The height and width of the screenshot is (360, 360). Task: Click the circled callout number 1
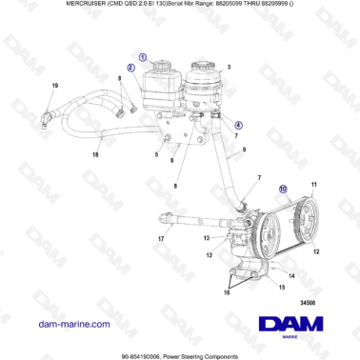[x=143, y=57]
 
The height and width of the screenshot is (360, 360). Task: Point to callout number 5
[x=156, y=152]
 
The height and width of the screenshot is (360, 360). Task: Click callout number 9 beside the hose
[x=244, y=150]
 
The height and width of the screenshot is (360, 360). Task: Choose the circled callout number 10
[x=282, y=190]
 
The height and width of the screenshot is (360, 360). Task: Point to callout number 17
[x=161, y=238]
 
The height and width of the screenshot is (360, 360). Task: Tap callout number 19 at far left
[x=54, y=87]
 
